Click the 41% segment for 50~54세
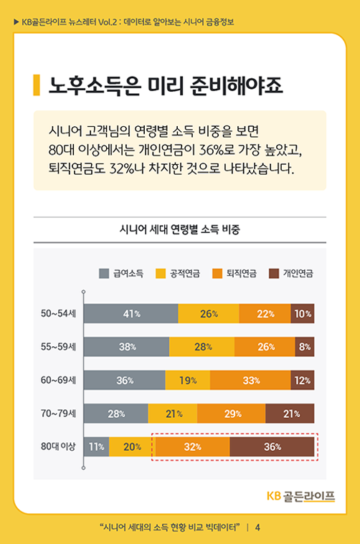click(x=131, y=314)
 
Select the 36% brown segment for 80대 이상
click(x=272, y=447)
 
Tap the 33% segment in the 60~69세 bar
click(x=250, y=381)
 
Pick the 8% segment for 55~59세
click(x=304, y=347)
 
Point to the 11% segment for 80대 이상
click(x=96, y=447)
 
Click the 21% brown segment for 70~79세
click(x=290, y=414)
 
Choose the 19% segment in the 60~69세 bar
click(x=187, y=381)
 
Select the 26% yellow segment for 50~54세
click(x=208, y=314)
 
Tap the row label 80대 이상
click(x=58, y=447)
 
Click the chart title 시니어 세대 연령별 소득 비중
click(x=179, y=230)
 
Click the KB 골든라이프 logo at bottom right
click(x=300, y=496)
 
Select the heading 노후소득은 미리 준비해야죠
click(x=165, y=85)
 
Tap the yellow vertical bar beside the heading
click(x=37, y=85)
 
